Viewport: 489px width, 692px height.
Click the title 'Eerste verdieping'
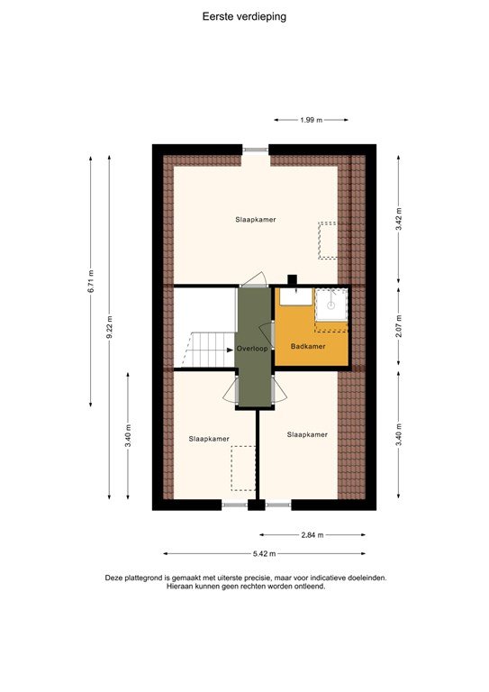tap(245, 16)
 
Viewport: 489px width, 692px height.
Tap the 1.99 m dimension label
tap(311, 120)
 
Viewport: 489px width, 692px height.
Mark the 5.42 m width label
tap(265, 553)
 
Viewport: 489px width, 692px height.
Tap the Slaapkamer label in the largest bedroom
tap(255, 219)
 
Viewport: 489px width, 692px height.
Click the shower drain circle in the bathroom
tap(331, 305)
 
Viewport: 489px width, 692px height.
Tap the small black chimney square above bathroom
tap(291, 279)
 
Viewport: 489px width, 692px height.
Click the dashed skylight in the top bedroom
tap(326, 240)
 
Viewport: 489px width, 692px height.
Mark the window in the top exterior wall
tap(256, 149)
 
